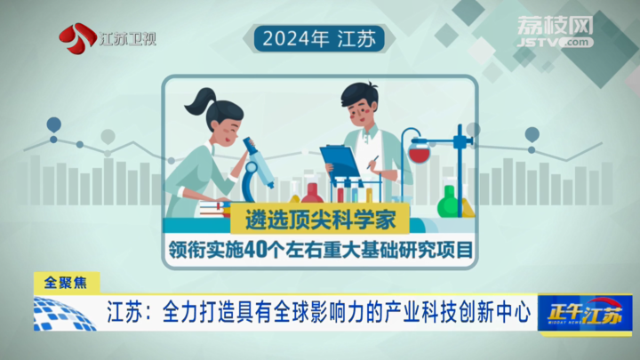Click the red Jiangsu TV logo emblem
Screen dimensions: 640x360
pos(76,38)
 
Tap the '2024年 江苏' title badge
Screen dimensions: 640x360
pos(319,39)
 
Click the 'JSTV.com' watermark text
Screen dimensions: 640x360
pos(555,42)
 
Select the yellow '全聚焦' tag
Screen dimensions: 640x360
pos(66,283)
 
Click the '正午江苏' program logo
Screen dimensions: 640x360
pos(585,313)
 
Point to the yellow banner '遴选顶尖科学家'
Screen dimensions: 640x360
pos(320,220)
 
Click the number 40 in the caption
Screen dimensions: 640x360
pos(255,250)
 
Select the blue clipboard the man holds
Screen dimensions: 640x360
pos(340,162)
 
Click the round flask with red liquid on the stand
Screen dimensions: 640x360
pos(420,150)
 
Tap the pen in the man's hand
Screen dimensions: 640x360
pos(372,162)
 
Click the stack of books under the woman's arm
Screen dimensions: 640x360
pos(215,209)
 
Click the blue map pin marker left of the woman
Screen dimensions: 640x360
pos(54,125)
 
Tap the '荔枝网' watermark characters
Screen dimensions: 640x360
pos(555,26)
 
